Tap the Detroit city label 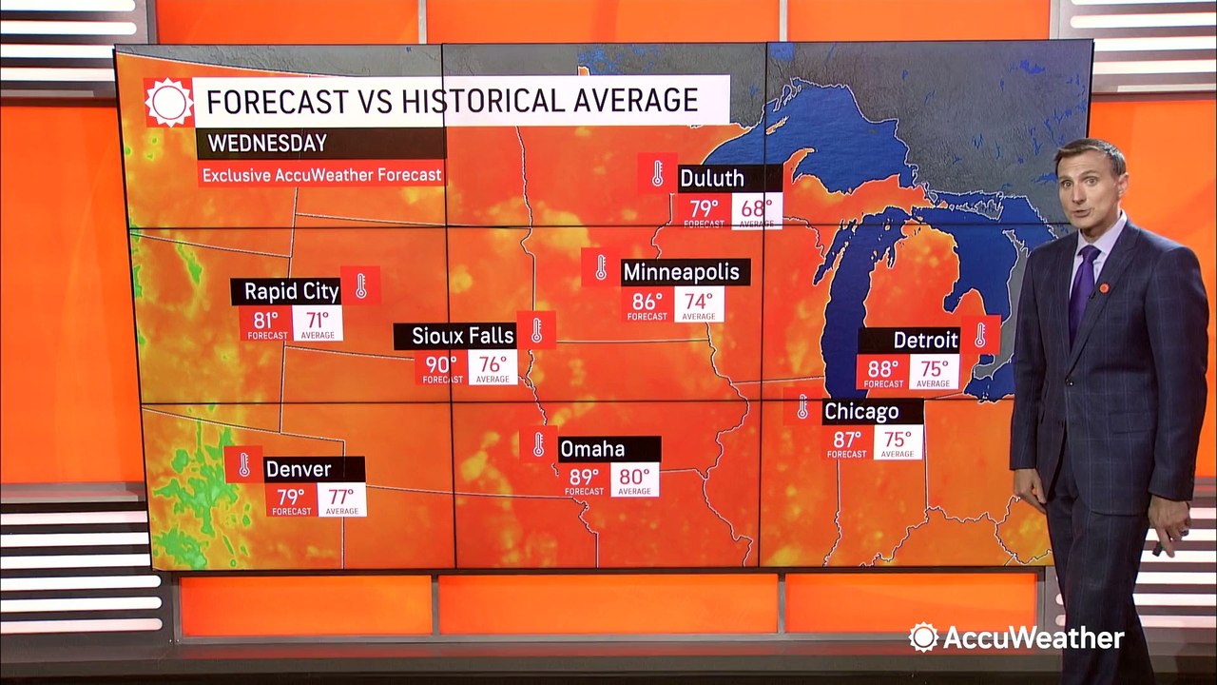point(925,340)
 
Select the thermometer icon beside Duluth point(657,173)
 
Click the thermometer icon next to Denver point(243,464)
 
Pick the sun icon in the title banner point(168,102)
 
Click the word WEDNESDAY point(267,144)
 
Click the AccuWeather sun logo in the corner point(922,636)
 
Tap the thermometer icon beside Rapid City point(361,285)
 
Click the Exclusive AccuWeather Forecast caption point(321,175)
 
